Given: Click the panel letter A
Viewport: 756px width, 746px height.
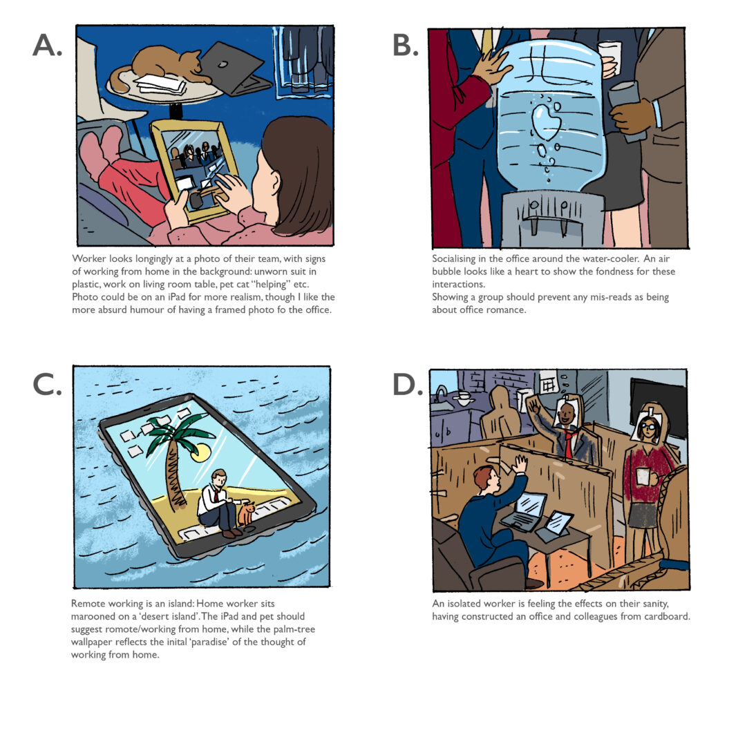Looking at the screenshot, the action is coord(47,46).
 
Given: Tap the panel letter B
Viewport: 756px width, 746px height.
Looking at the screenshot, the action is coord(406,46).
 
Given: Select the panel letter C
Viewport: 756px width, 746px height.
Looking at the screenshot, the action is coord(47,385).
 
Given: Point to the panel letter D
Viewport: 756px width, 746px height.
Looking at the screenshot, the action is coord(407,385).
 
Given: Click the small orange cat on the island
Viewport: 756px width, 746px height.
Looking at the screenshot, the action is coord(247,514).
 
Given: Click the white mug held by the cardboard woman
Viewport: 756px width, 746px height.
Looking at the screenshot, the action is coord(643,477).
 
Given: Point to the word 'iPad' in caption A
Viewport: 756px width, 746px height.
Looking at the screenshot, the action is coord(164,297).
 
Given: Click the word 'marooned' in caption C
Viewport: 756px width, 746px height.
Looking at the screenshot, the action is coord(93,616).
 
